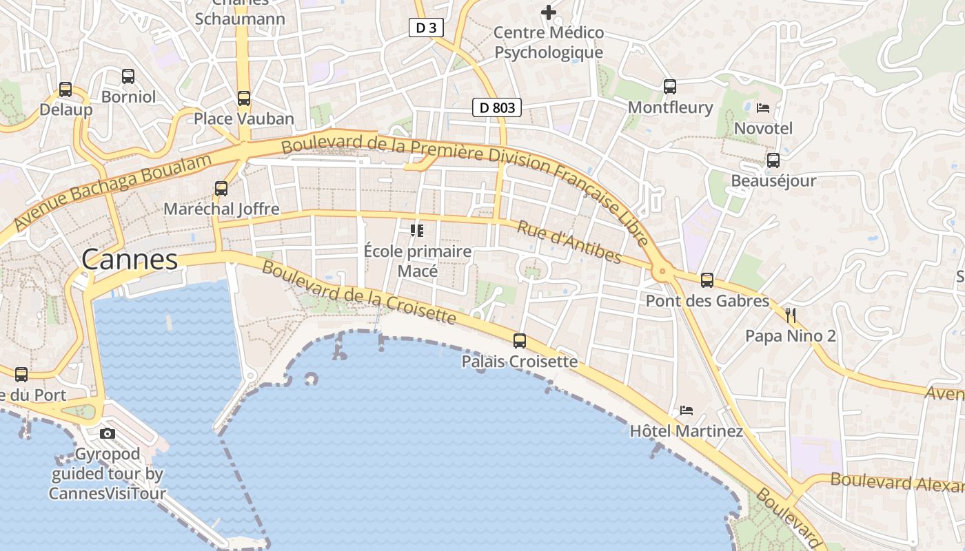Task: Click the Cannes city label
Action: click(130, 260)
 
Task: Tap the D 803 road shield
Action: click(496, 107)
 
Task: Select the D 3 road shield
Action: click(426, 28)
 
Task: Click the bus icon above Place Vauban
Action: click(244, 98)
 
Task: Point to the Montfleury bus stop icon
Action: click(670, 87)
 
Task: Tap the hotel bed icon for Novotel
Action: click(763, 108)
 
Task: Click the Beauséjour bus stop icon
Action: click(773, 160)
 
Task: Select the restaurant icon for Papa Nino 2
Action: click(791, 315)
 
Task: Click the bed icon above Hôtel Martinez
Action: click(687, 410)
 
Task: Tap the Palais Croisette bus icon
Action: click(520, 341)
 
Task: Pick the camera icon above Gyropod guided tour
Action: click(108, 433)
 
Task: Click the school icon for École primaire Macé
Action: click(417, 230)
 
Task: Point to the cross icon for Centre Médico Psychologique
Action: click(549, 12)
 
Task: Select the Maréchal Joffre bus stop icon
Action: click(221, 189)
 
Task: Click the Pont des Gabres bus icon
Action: click(707, 280)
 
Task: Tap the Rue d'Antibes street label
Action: click(569, 242)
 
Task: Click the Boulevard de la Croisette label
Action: click(358, 293)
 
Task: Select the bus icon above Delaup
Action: click(65, 90)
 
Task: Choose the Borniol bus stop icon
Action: click(128, 76)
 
